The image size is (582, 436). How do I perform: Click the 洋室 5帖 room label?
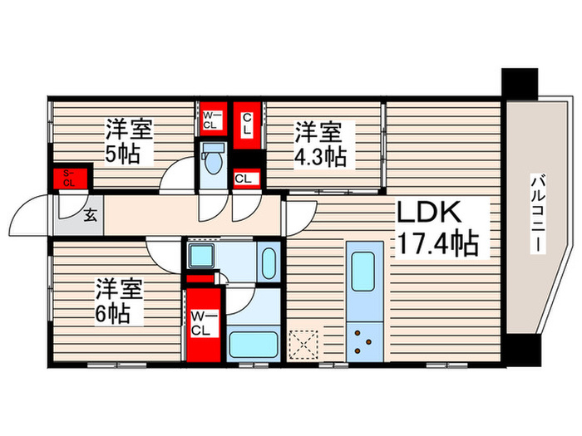coord(127,142)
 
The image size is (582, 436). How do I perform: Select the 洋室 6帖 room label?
coord(120,302)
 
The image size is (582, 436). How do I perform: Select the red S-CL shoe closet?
coord(70,178)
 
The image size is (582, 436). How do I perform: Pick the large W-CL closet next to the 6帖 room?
coord(203,322)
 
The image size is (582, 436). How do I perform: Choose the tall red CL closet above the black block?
coord(248,125)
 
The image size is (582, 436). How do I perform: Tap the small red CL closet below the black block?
coord(246,177)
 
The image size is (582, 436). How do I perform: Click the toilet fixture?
coord(214,159)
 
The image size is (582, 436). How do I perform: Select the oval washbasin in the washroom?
coord(268,262)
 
